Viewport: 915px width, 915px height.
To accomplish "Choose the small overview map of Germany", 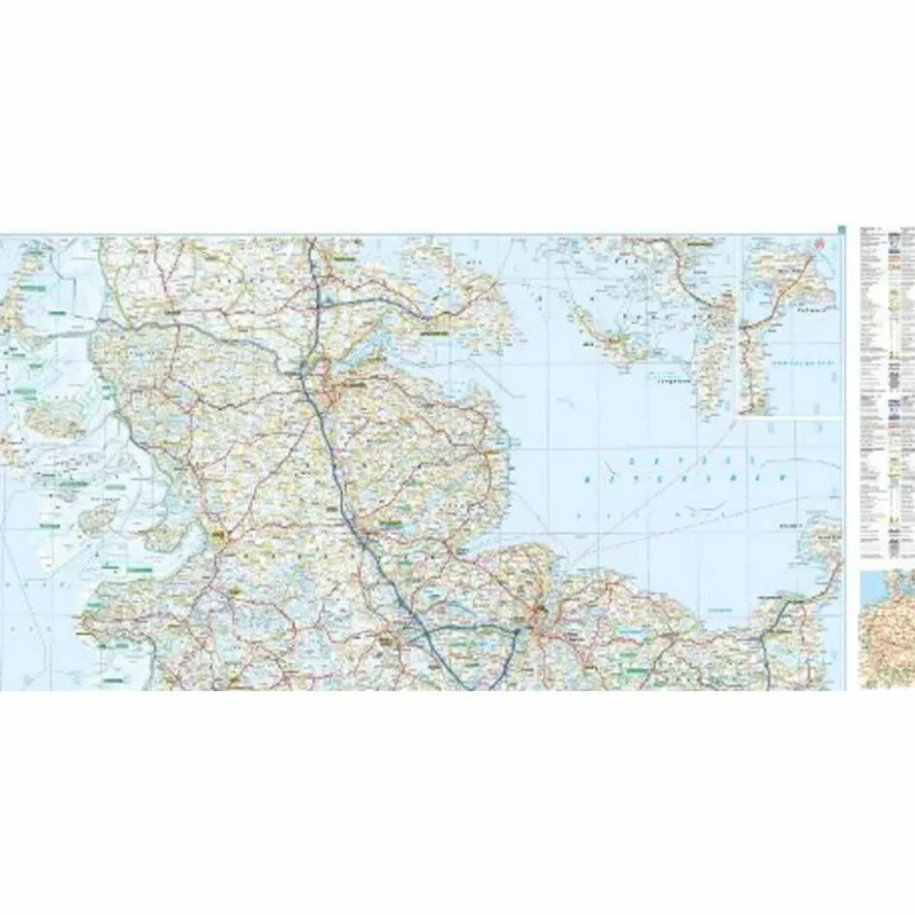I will tap(887, 630).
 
